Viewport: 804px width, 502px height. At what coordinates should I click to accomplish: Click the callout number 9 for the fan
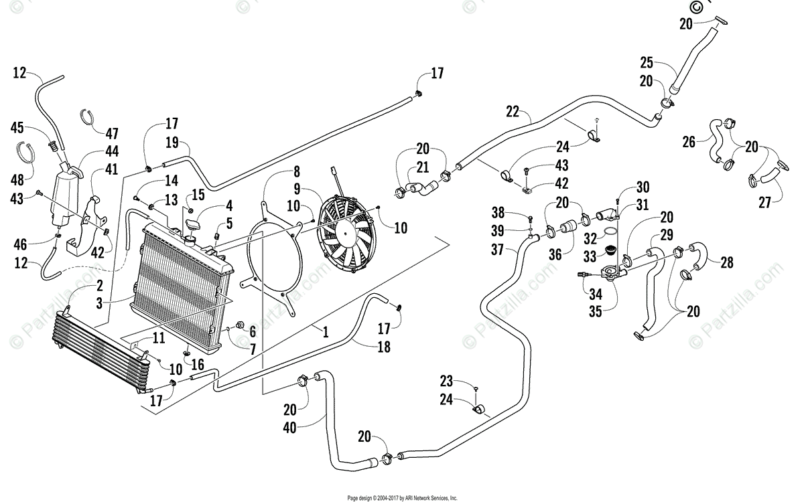tap(297, 189)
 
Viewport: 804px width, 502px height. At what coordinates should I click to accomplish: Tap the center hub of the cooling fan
tap(345, 233)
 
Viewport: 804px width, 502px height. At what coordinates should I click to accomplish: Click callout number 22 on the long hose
tap(513, 112)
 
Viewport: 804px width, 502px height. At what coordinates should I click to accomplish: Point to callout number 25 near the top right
tap(647, 63)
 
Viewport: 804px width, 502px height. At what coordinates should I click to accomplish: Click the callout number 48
tap(17, 180)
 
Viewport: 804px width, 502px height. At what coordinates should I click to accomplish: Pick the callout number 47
tap(112, 133)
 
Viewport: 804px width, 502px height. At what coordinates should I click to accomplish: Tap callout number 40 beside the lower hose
tap(289, 428)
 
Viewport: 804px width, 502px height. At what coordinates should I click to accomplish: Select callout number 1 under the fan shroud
tap(326, 332)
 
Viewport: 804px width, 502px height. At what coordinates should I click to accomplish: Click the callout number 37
tap(497, 250)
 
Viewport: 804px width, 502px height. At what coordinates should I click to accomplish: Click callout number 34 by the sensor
tap(596, 295)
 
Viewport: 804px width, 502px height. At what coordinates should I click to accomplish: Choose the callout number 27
tap(764, 203)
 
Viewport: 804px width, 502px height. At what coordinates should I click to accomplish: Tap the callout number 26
tap(689, 142)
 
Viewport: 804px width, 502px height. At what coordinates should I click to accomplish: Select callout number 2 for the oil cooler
tap(99, 286)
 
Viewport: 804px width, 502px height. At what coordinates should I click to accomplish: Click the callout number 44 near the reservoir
tap(112, 151)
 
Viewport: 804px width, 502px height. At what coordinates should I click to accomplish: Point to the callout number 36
tap(555, 254)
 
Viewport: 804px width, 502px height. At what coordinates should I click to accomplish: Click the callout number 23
tap(446, 382)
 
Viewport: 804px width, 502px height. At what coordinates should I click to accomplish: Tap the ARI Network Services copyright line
tap(403, 498)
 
